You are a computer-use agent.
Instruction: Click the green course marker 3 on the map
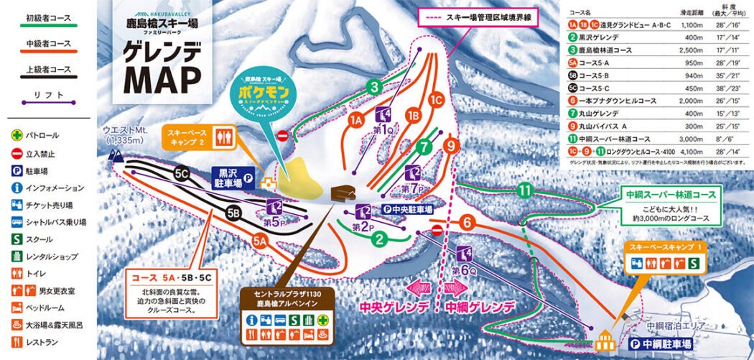tap(373, 87)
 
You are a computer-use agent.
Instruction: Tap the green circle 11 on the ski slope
tap(526, 190)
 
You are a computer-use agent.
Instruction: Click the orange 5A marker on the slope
tap(259, 243)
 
